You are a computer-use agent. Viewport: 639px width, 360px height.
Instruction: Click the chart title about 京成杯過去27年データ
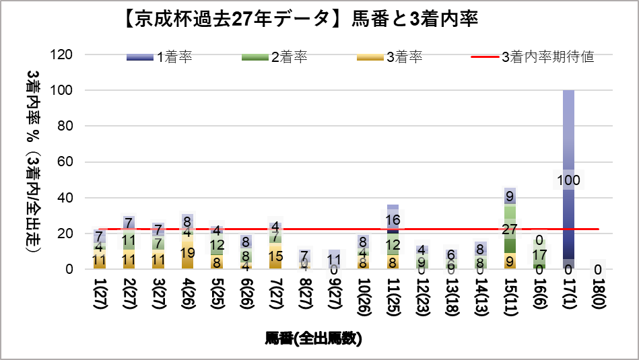point(301,20)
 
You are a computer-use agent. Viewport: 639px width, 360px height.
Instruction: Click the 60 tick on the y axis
point(66,162)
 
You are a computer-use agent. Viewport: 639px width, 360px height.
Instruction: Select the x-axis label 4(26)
point(187,293)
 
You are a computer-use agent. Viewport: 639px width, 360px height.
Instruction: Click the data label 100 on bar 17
point(568,180)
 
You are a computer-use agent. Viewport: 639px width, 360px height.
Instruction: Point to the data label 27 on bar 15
point(510,229)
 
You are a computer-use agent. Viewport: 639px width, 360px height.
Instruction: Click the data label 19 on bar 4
point(187,253)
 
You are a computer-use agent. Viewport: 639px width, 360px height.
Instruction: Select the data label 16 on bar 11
point(393,219)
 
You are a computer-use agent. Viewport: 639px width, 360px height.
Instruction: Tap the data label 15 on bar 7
point(275,256)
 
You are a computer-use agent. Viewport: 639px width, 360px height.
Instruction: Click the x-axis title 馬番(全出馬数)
point(314,338)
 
